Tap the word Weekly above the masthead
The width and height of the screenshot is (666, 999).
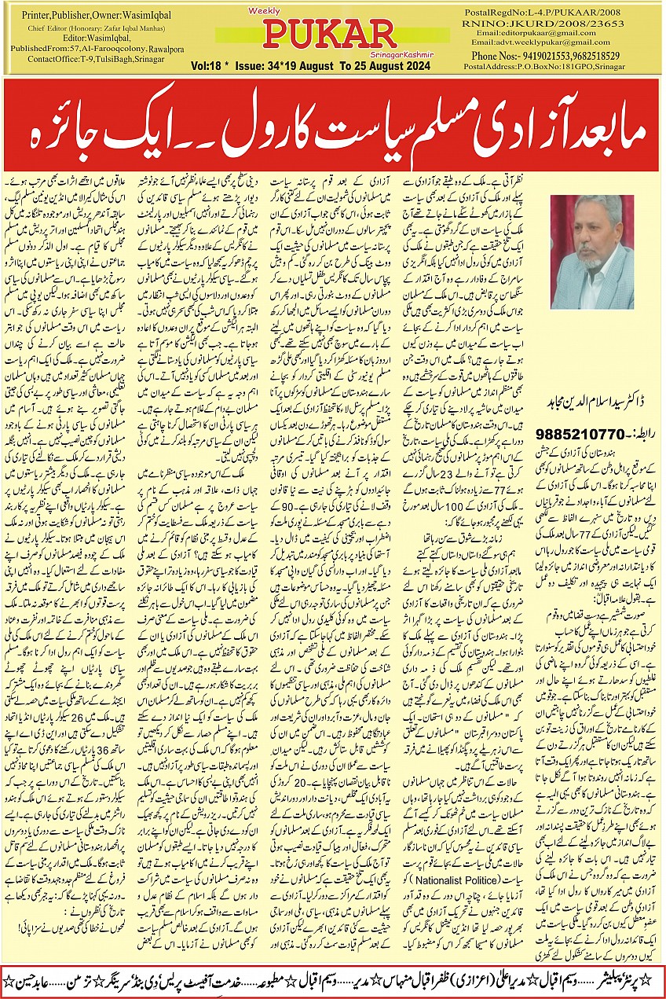coord(280,12)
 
